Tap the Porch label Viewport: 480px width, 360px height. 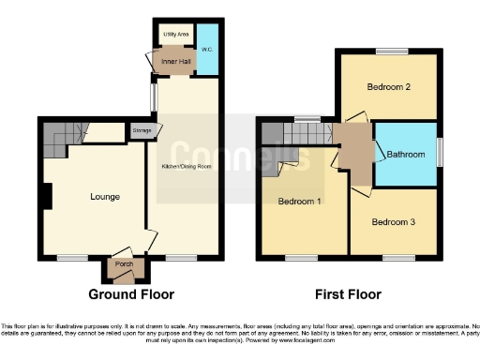[124, 263]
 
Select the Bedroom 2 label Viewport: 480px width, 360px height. [387, 87]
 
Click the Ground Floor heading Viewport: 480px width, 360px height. [132, 294]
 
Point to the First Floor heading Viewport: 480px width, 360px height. [347, 294]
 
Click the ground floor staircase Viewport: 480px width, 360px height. [58, 141]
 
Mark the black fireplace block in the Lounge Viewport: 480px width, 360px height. [47, 197]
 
